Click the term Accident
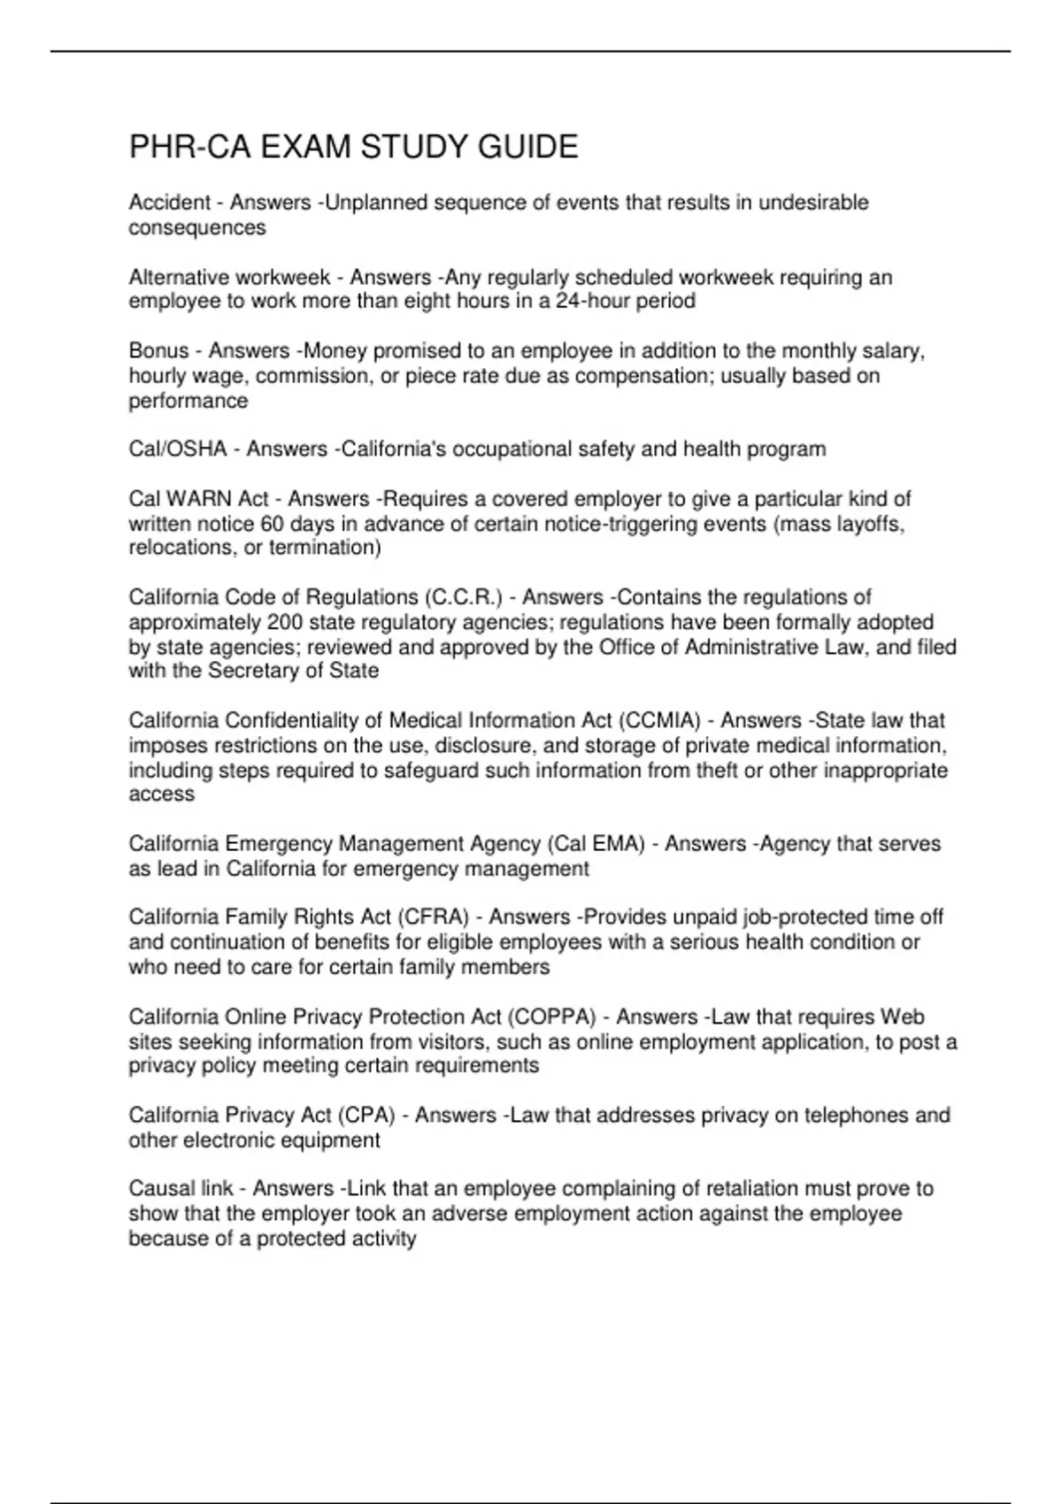coord(170,203)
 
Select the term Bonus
coord(158,351)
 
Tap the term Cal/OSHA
coord(178,449)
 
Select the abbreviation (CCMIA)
coord(659,720)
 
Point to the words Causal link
coord(181,1188)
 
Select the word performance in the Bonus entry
coord(189,401)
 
